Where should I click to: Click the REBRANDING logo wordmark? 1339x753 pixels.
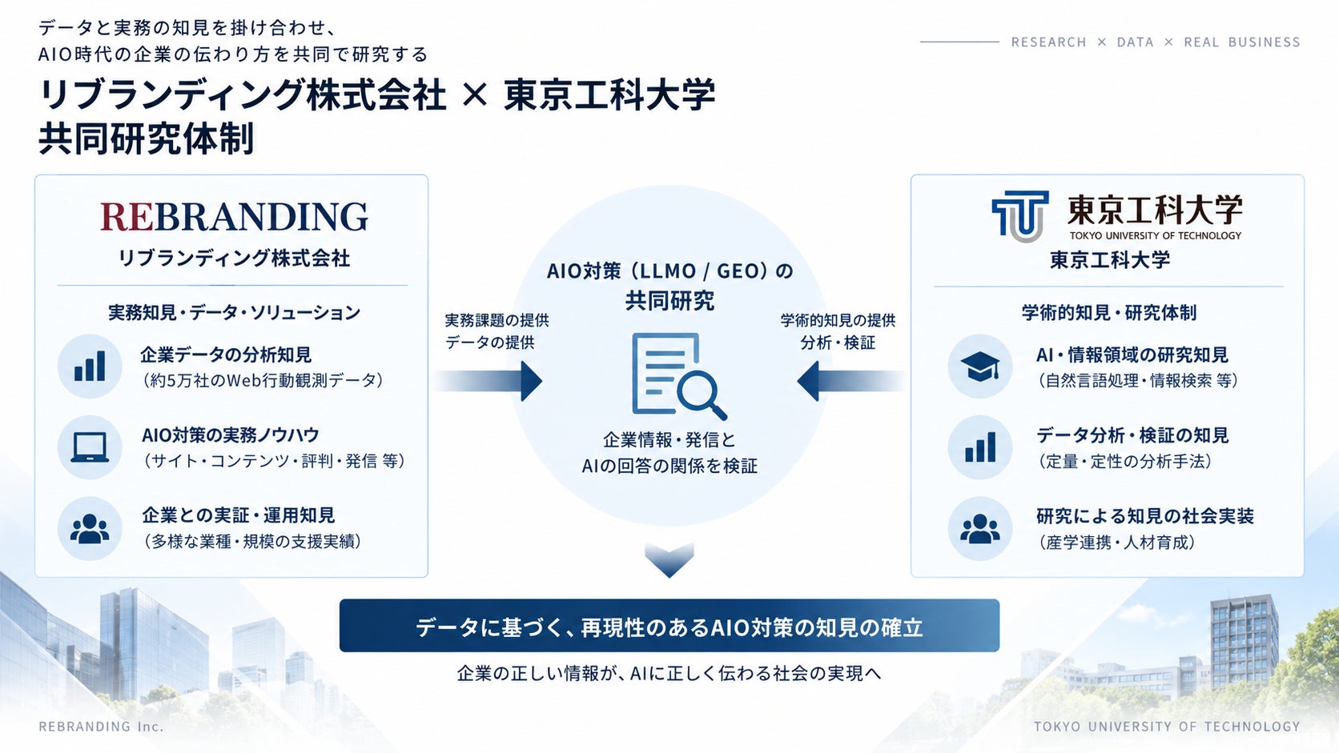pos(234,216)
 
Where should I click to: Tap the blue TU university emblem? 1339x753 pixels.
pos(1019,215)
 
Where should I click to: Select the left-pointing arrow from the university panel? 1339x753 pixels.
pos(850,381)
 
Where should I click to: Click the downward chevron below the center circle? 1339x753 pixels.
pos(669,559)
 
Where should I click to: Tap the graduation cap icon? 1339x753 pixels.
pos(979,366)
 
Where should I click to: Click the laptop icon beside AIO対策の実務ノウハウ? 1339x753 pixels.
pos(90,447)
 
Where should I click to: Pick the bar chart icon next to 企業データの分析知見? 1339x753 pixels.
pos(90,366)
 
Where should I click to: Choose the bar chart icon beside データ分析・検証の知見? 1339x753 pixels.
pos(980,447)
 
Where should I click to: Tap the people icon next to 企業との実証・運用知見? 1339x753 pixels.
pos(90,528)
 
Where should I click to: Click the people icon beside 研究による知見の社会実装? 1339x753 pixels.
pos(979,528)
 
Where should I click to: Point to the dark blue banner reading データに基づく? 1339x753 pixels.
pos(669,625)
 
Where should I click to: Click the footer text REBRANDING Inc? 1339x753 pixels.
pos(101,726)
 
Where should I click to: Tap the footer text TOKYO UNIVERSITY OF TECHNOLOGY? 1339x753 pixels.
pos(1167,726)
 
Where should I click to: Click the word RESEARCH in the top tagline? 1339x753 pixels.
pos(1048,42)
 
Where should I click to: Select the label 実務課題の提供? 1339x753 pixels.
pos(497,321)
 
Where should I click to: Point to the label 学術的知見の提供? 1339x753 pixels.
pos(838,321)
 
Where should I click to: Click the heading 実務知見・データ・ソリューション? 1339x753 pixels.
pos(234,312)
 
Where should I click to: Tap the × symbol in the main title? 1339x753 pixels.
pos(475,94)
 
